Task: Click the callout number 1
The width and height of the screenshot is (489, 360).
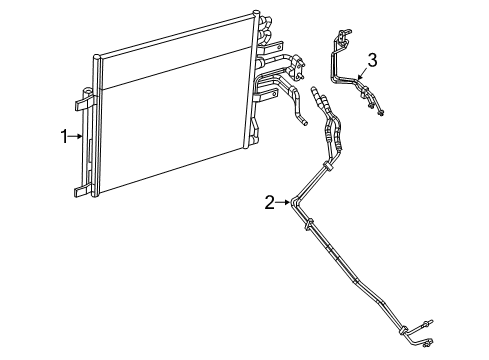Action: coord(62,135)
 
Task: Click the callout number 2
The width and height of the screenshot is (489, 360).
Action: coord(269,202)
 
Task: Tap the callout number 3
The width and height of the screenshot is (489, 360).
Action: coord(372,62)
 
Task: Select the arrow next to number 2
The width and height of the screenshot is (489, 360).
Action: coord(282,202)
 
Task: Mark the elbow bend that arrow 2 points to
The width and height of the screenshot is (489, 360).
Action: coord(296,204)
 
